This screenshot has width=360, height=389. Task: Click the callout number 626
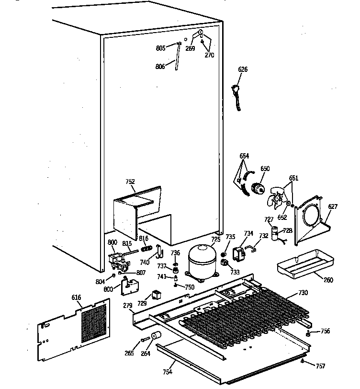click(243, 70)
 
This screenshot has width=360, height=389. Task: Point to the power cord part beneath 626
click(236, 96)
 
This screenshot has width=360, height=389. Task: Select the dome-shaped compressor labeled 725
click(202, 261)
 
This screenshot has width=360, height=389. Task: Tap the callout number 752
click(130, 182)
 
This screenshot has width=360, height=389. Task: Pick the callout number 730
click(303, 293)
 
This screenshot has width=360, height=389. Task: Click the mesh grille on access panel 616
click(94, 323)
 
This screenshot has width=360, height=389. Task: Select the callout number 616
click(76, 297)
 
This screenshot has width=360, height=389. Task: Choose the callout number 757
click(320, 366)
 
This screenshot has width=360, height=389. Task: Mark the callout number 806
click(160, 67)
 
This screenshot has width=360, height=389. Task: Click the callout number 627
click(332, 207)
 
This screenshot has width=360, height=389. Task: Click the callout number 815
click(127, 243)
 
